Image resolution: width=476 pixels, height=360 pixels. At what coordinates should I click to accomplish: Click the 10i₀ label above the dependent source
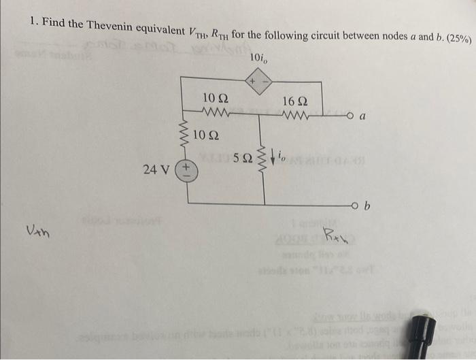click(259, 58)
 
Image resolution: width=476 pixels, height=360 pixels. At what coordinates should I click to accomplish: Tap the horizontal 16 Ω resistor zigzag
click(297, 115)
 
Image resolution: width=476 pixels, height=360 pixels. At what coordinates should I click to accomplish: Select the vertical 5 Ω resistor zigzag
click(258, 161)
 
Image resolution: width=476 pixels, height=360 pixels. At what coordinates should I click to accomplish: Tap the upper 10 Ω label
click(216, 99)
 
